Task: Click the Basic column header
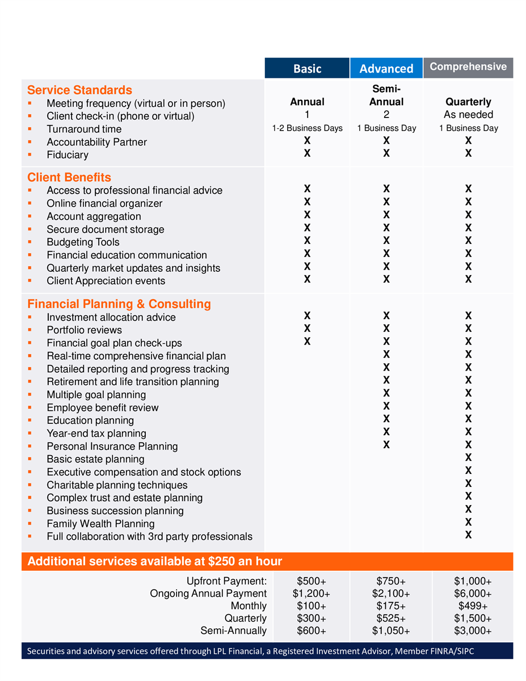coord(307,69)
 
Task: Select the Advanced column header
coord(386,69)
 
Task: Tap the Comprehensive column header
coord(468,67)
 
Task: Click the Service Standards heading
coord(79,90)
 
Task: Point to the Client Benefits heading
coord(69,177)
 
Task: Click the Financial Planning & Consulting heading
coord(119,304)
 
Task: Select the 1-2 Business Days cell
coord(307,128)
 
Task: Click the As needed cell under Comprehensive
coord(468,115)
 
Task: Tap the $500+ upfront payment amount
coord(312,581)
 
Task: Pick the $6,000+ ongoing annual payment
coord(473,594)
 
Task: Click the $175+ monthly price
coord(391,606)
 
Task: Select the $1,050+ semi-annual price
coord(391,631)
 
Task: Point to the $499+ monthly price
coord(473,606)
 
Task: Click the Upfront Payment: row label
coord(226,581)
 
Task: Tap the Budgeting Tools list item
coord(83,242)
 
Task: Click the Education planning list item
coord(90,421)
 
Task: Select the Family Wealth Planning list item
coord(100,524)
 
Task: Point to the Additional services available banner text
coord(155,562)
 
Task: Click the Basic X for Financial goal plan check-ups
coord(307,342)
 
